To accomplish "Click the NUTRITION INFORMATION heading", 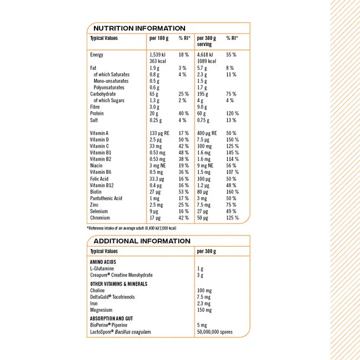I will [139, 28].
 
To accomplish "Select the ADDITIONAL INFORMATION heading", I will [142, 241].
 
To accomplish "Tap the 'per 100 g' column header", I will [159, 38].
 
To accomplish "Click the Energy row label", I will [97, 55].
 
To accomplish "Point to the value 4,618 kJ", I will [206, 55].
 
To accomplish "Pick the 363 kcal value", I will [158, 61].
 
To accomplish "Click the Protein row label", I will [97, 113].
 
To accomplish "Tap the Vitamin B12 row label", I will [102, 185].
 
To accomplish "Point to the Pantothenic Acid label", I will [106, 198].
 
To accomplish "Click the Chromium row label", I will [100, 218].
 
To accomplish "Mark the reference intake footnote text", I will [131, 228].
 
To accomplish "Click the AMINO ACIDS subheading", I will [103, 261].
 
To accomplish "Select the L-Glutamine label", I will [102, 268].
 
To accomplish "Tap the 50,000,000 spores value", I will [215, 332].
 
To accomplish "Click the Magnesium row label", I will [101, 310].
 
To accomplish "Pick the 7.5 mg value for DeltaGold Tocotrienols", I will [204, 297].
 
